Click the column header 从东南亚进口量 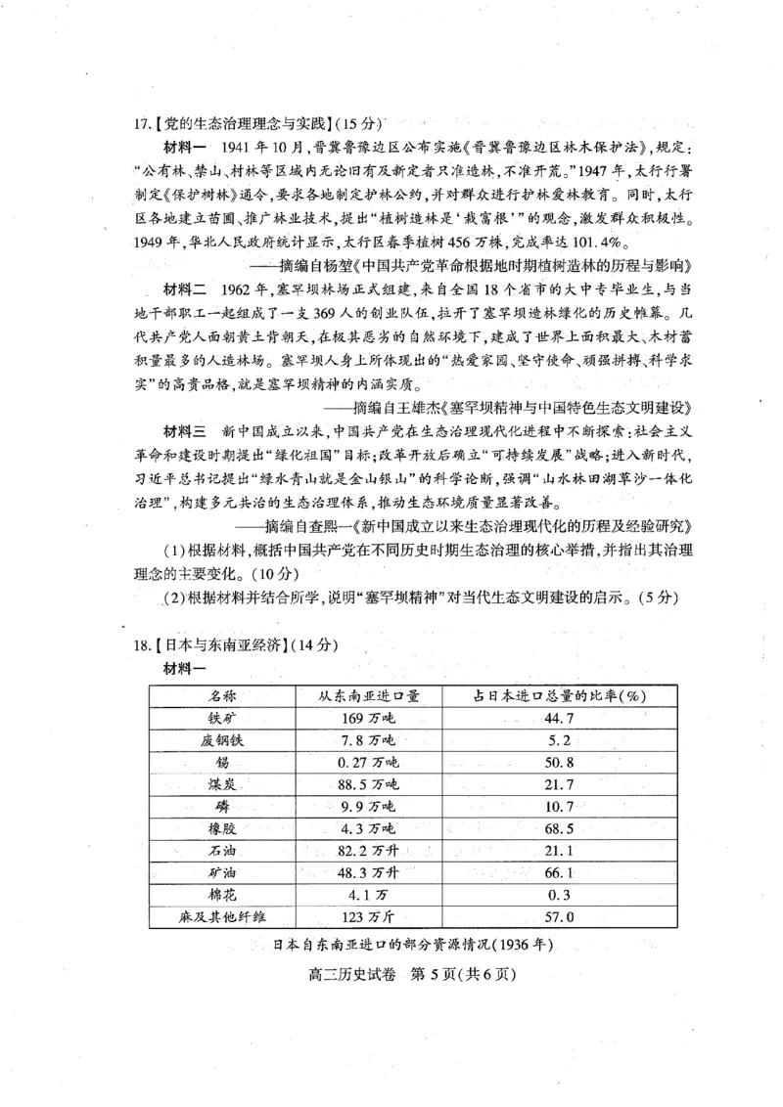tap(368, 695)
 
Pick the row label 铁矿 tap(221, 718)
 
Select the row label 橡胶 tap(221, 828)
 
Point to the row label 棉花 tap(221, 895)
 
